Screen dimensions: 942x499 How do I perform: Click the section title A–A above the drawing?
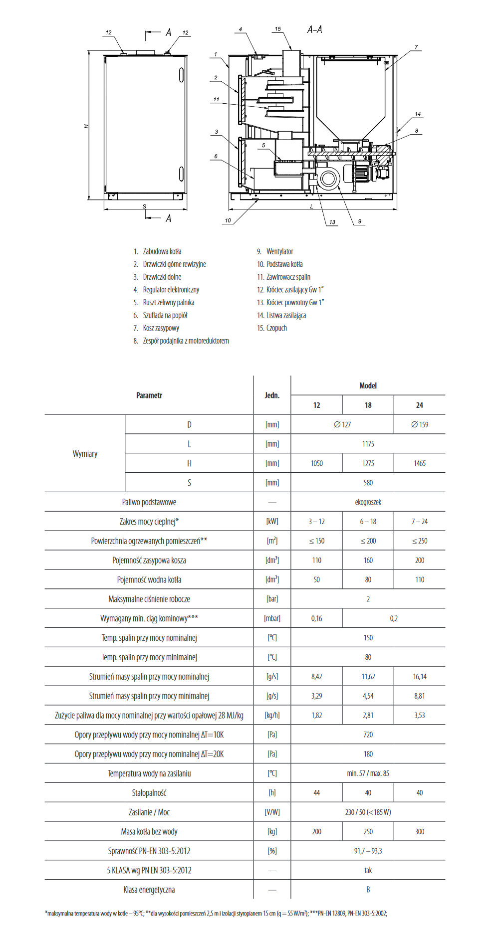coord(314,30)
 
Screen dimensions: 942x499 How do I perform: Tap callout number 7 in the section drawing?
coord(416,47)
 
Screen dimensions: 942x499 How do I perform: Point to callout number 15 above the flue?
coord(277,29)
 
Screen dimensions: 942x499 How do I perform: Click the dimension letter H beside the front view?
coord(86,126)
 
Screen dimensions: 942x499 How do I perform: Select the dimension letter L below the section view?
coord(312,206)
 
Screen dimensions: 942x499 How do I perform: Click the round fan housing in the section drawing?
coord(328,179)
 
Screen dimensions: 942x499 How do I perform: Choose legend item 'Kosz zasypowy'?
coord(161,328)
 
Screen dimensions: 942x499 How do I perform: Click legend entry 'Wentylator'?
coord(279,251)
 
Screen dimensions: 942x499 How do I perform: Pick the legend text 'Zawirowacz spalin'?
coord(288,277)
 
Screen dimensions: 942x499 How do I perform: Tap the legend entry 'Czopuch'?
coord(276,328)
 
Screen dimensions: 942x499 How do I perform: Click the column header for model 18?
coord(368,405)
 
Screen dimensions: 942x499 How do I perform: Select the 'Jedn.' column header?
coord(272,395)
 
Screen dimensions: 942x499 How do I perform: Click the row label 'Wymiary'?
coord(85,454)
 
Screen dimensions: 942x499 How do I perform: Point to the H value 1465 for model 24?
coord(420,463)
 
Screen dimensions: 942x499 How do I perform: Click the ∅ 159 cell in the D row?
coord(420,424)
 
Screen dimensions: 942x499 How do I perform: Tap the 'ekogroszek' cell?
coord(368,502)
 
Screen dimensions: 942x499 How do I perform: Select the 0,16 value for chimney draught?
coord(316,618)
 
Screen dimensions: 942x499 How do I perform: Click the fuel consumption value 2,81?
coord(368,715)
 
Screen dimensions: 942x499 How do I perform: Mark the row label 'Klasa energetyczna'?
coord(149,890)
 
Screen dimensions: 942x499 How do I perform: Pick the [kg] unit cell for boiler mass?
coord(272,831)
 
